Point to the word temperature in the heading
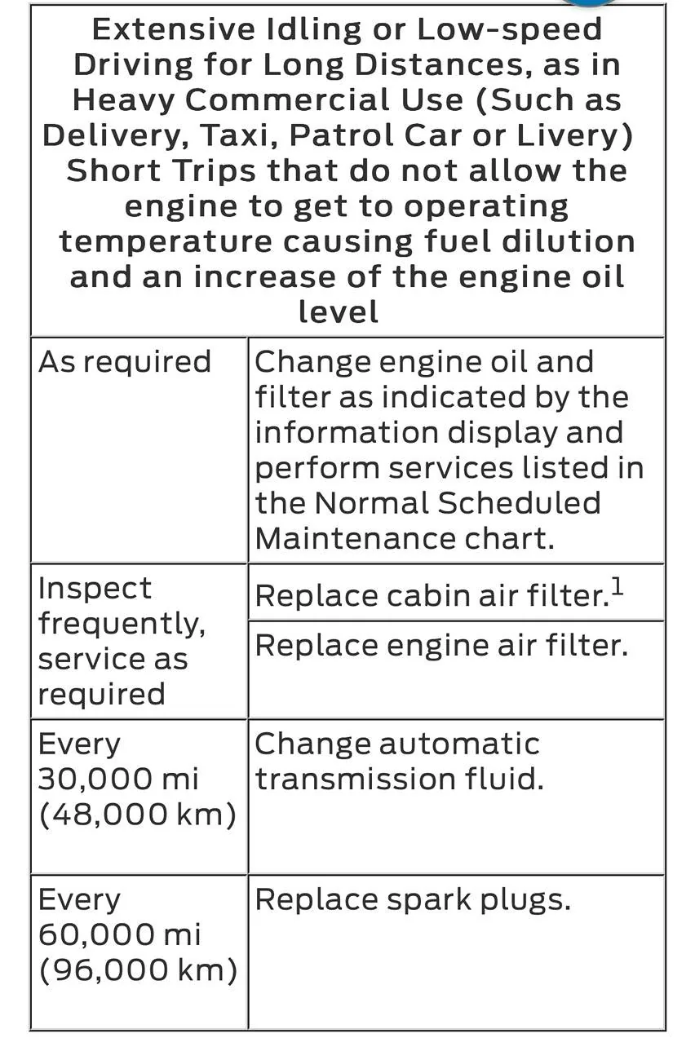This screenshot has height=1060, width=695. [165, 242]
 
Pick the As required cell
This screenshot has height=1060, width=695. [125, 361]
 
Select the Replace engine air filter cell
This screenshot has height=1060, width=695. [441, 645]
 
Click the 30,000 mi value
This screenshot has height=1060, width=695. [118, 779]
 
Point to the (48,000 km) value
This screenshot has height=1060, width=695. [137, 814]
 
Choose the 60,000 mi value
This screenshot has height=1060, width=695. [119, 934]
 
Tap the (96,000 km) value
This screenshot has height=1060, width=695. [137, 970]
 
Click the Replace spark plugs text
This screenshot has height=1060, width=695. [413, 899]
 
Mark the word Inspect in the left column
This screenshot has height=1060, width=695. [95, 588]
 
